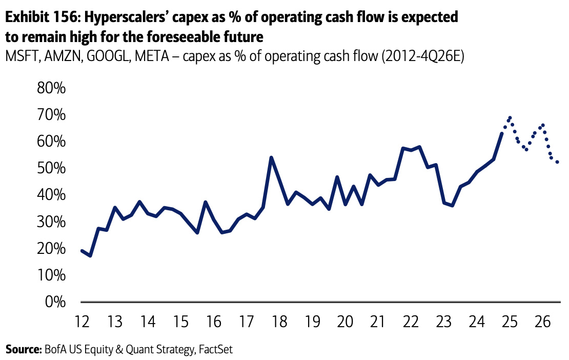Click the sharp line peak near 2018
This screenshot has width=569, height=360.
click(x=271, y=157)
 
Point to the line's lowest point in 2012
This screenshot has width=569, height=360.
click(x=90, y=255)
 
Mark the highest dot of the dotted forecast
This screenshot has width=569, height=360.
click(x=510, y=117)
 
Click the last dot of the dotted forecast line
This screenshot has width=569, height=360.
click(x=557, y=162)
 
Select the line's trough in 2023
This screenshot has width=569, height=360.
click(x=452, y=206)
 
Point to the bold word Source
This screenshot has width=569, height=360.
click(x=23, y=350)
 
